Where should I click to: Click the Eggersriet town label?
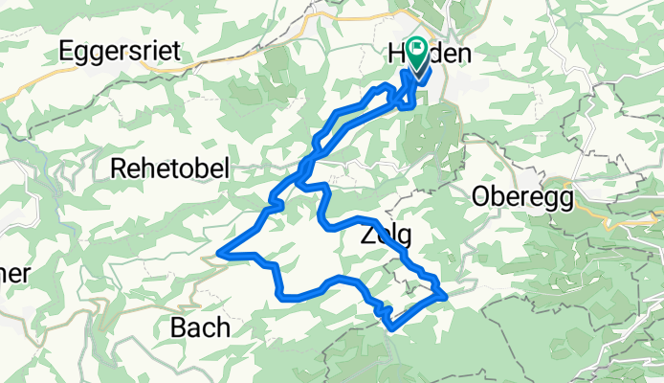[x=120, y=52]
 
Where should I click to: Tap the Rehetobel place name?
[x=170, y=169]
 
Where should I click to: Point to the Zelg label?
[x=387, y=235]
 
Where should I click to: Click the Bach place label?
[x=200, y=327]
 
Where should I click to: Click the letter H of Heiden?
[x=398, y=55]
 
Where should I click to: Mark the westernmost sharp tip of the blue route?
[x=220, y=253]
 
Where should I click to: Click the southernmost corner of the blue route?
[x=392, y=328]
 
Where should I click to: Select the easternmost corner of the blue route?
[x=446, y=296]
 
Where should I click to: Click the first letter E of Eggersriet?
[x=66, y=52]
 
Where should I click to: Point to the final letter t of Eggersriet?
[x=176, y=52]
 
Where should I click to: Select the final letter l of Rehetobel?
[x=225, y=169]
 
